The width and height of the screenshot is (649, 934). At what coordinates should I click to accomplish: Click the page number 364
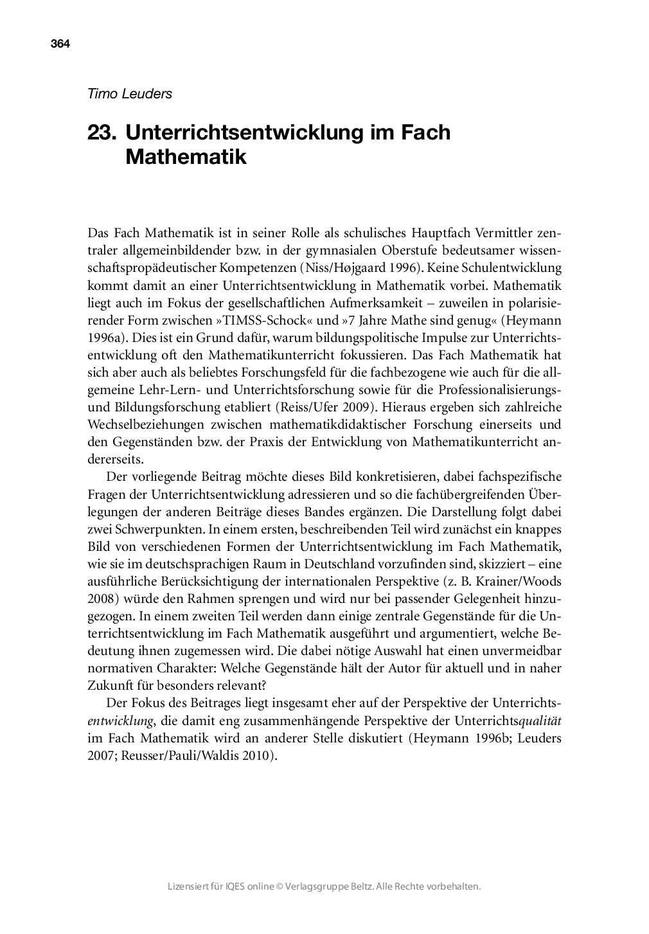[60, 44]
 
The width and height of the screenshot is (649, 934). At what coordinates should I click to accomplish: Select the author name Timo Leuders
[130, 93]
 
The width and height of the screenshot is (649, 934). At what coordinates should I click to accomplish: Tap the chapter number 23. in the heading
[102, 132]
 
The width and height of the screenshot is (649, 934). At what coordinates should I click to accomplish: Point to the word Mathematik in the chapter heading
[186, 156]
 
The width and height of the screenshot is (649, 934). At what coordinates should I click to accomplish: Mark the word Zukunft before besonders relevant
[109, 686]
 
